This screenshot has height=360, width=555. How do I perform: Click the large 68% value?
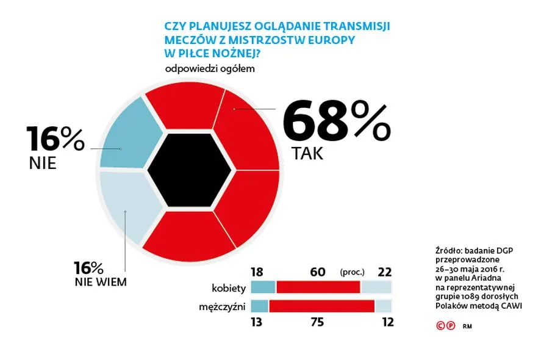pos(336,122)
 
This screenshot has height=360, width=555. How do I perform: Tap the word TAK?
pos(307,154)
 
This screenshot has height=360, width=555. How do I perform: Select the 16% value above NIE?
pos(55,139)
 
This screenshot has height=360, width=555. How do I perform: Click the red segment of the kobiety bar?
pos(318,287)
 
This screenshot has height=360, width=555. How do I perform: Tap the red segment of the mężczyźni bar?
pos(321,306)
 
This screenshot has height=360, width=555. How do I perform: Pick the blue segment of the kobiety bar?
pos(263,287)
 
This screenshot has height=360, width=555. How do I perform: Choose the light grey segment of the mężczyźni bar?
pos(383,306)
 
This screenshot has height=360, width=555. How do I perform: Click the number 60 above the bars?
pos(317,272)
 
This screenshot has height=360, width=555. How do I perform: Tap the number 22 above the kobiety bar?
pos(384,272)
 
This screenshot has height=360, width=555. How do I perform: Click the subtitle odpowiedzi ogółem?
pos(209,68)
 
